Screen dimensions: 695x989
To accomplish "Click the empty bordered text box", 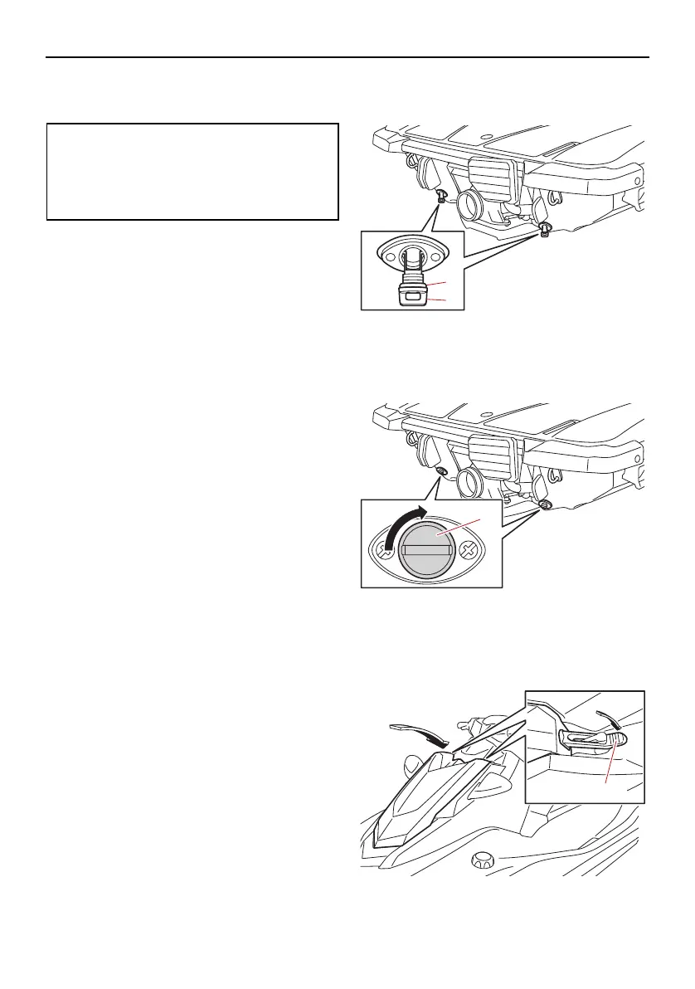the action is tap(192, 171).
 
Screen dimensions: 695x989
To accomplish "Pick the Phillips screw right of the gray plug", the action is tap(468, 548).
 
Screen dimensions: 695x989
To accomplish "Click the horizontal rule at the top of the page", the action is tap(347, 57).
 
